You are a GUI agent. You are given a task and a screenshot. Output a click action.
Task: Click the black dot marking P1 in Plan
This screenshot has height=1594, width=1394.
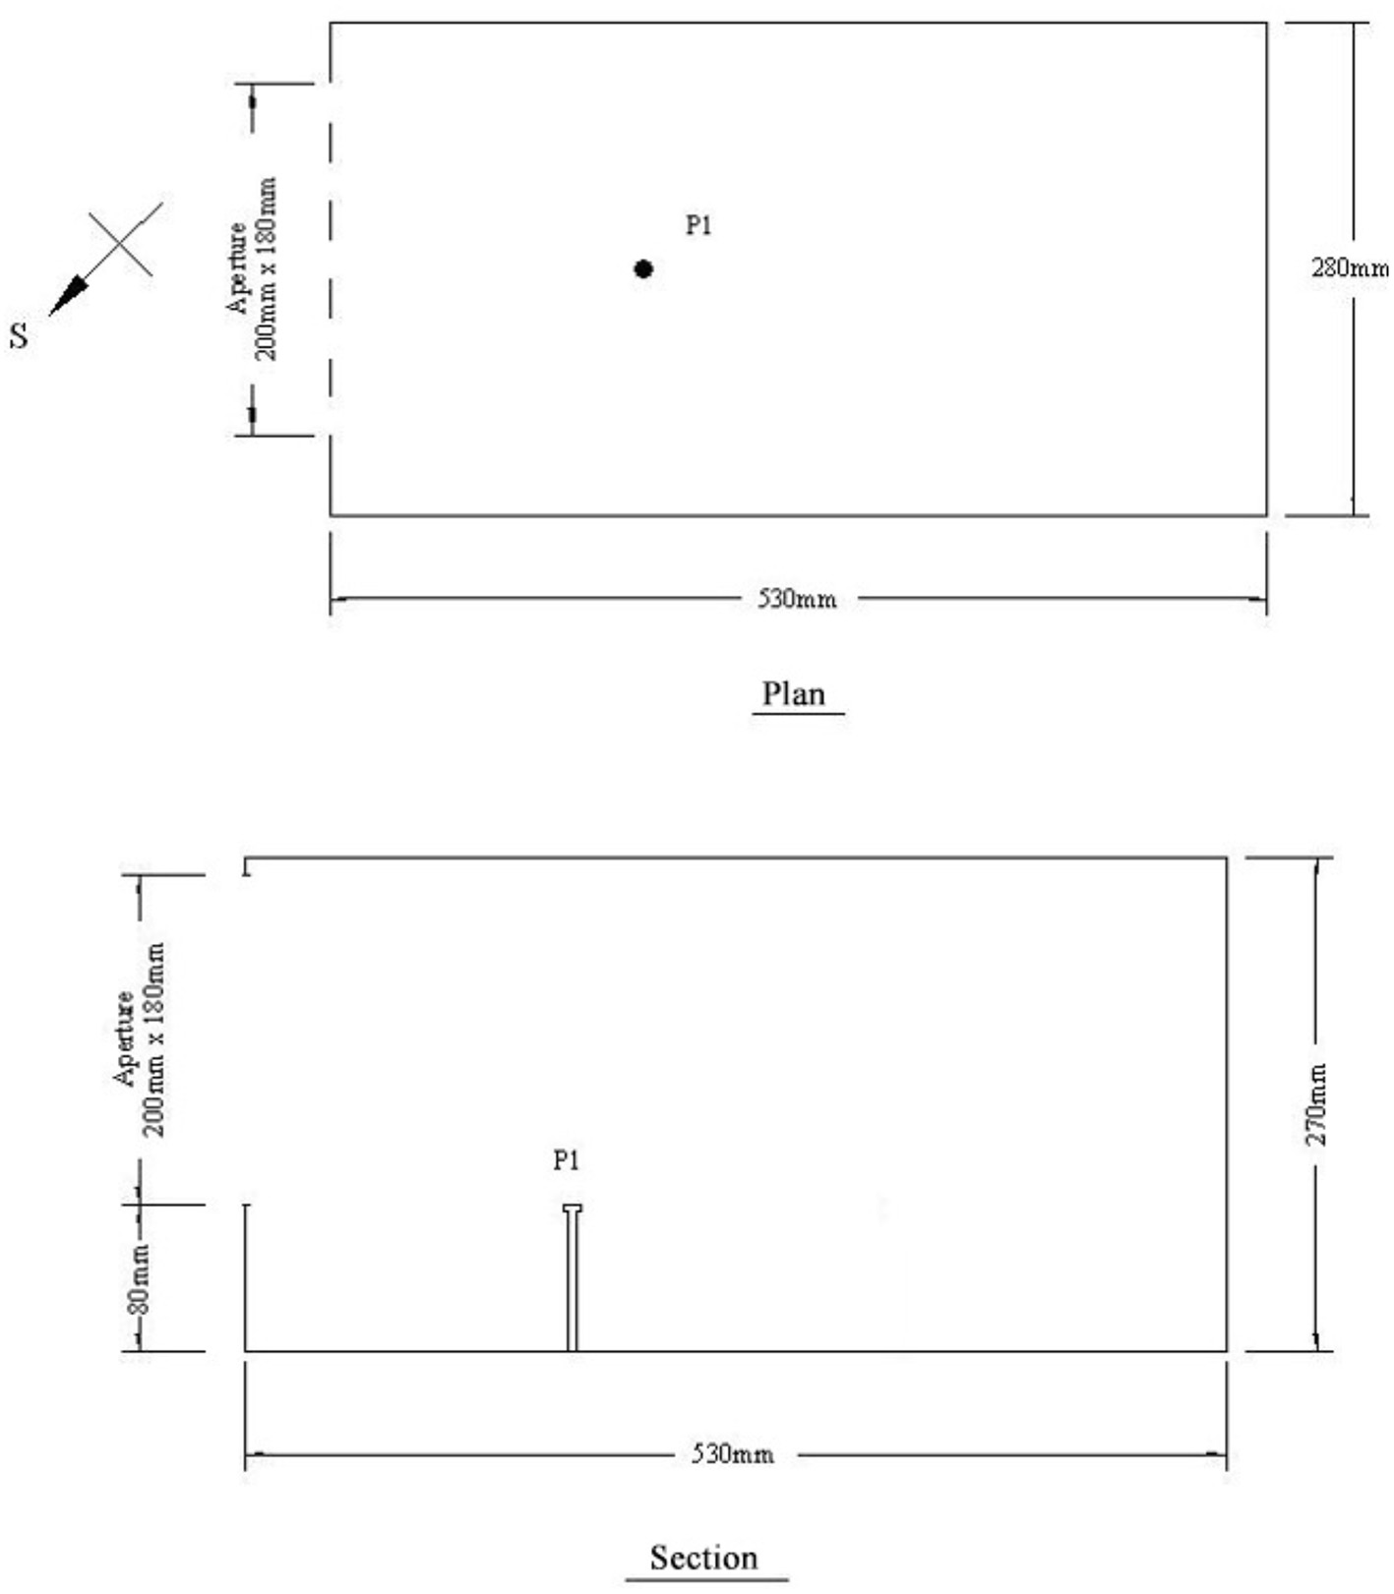pos(643,268)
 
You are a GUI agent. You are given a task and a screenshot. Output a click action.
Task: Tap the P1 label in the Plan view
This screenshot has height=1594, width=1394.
pos(698,225)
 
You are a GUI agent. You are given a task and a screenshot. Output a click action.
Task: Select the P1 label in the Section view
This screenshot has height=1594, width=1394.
pos(566,1161)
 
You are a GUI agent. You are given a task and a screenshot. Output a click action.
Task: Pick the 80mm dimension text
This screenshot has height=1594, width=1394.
pos(140,1278)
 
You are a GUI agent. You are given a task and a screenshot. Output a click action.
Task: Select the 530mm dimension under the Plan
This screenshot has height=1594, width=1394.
pos(797,598)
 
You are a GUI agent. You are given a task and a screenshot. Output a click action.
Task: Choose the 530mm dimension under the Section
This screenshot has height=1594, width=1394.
pos(732,1453)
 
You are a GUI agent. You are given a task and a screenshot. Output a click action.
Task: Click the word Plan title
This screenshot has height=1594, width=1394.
pos(794,694)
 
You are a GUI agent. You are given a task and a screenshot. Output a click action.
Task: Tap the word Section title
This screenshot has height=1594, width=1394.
pos(703,1558)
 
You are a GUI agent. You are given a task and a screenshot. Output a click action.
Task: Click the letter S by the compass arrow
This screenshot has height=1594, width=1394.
pos(20,335)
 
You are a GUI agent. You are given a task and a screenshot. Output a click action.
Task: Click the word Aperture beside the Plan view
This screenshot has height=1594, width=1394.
pos(237,267)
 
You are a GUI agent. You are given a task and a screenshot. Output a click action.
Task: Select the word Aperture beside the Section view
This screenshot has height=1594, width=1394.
pos(124,1038)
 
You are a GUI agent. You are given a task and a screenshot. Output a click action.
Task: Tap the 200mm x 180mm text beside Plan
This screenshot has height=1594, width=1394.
pos(266,268)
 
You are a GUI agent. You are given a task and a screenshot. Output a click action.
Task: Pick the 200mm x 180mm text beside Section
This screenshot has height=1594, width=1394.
pos(153,1038)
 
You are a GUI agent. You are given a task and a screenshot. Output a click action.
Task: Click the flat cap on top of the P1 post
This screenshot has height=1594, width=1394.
pos(573,1208)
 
